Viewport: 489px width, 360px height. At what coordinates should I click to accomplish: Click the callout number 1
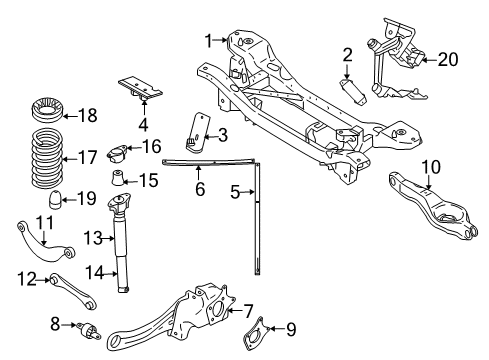click(209, 41)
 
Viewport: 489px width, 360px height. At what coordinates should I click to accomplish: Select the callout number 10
click(430, 165)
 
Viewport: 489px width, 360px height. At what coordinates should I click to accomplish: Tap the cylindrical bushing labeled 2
click(352, 87)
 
